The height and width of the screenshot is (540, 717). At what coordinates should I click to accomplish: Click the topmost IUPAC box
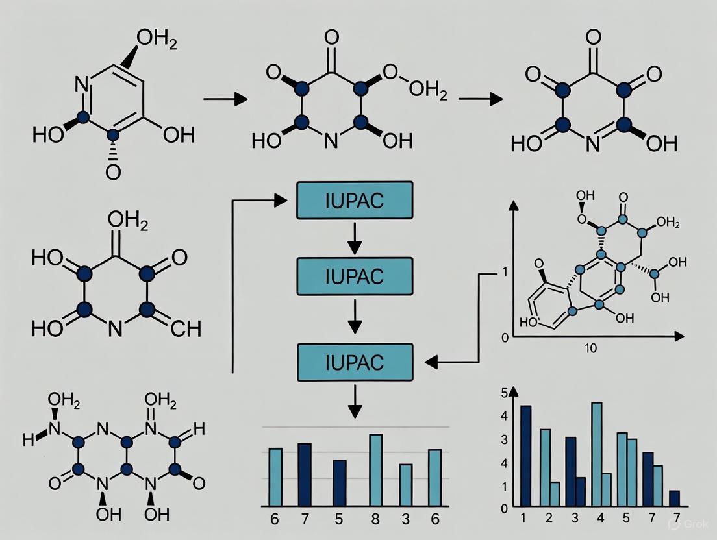pyautogui.click(x=355, y=201)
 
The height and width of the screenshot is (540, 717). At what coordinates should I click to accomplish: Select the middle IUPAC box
pyautogui.click(x=355, y=276)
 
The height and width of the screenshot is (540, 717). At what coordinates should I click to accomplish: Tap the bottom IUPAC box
pyautogui.click(x=355, y=362)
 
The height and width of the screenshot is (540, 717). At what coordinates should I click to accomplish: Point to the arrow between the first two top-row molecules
pyautogui.click(x=225, y=99)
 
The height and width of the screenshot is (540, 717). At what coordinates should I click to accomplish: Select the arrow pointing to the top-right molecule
pyautogui.click(x=481, y=99)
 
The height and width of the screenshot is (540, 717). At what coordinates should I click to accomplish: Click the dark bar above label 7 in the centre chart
pyautogui.click(x=305, y=474)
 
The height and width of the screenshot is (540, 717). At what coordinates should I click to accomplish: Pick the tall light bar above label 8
pyautogui.click(x=375, y=470)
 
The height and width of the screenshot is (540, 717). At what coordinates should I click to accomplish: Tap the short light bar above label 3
pyautogui.click(x=405, y=485)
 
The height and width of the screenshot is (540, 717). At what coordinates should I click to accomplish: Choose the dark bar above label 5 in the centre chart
pyautogui.click(x=340, y=483)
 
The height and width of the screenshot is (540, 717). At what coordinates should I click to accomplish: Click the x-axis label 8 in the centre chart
pyautogui.click(x=375, y=519)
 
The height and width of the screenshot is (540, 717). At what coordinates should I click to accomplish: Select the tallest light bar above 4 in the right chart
pyautogui.click(x=596, y=454)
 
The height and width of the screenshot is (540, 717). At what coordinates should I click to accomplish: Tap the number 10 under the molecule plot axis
pyautogui.click(x=590, y=349)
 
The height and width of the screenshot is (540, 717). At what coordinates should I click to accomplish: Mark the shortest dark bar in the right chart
pyautogui.click(x=674, y=498)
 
